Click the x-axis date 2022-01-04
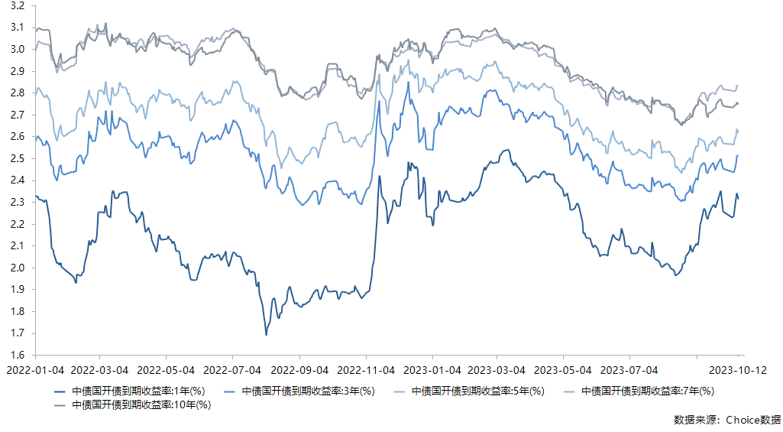(36, 370)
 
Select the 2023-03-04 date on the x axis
(497, 370)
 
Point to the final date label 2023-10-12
(738, 370)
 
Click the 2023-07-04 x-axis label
(629, 370)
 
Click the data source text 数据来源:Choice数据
(727, 420)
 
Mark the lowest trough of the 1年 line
(266, 335)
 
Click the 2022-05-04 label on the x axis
(167, 370)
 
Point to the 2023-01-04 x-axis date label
(432, 370)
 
